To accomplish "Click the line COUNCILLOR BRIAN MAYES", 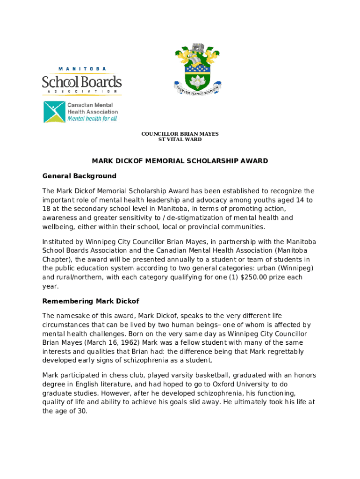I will (x=180, y=134).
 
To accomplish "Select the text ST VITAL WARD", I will (x=180, y=139).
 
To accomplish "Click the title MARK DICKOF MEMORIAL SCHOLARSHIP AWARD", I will (x=180, y=161).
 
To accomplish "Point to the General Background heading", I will (x=79, y=176).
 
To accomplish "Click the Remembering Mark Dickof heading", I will (x=91, y=301).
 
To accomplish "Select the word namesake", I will (x=73, y=316).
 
